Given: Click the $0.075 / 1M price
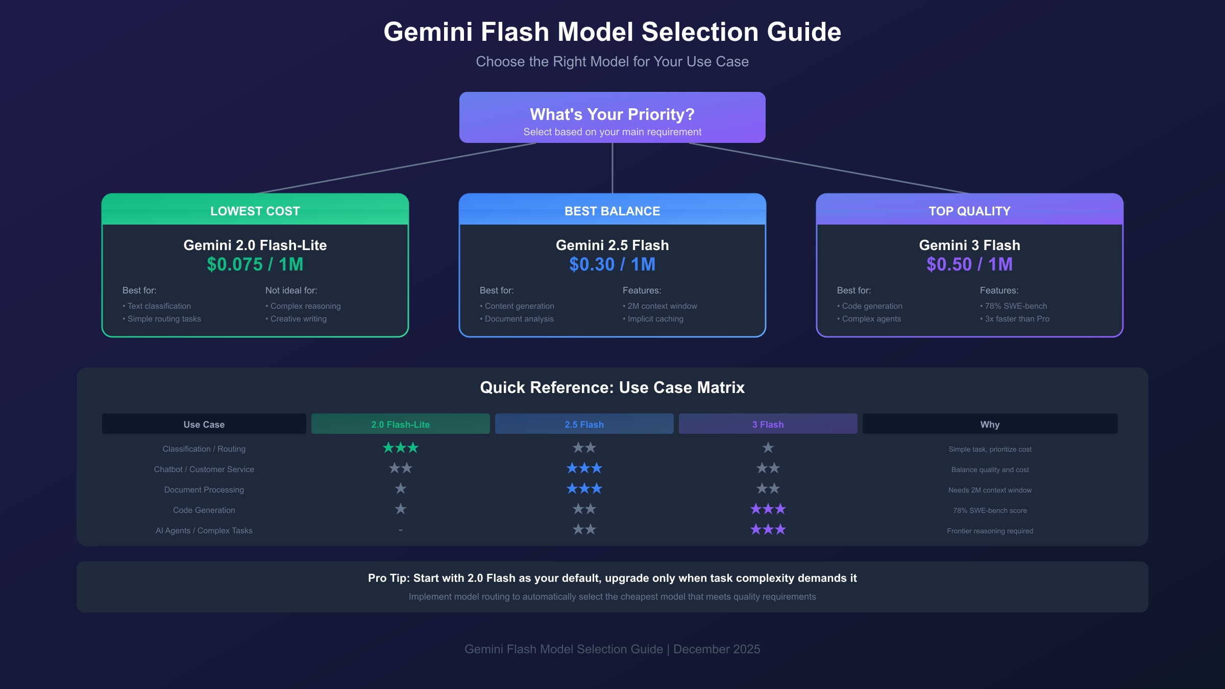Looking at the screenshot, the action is [255, 264].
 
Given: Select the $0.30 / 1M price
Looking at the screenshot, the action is [612, 264].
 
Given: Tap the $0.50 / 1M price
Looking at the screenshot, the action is [970, 264].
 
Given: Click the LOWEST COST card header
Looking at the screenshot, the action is [255, 211].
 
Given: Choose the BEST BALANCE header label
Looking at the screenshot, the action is [612, 211].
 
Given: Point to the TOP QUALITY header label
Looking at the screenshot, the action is [970, 211].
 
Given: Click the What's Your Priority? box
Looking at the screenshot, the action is [612, 117].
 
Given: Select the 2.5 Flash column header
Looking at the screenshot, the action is [584, 424].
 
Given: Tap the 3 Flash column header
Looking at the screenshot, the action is [768, 424].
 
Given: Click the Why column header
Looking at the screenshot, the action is [990, 424].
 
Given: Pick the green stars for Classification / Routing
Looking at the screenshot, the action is [401, 448].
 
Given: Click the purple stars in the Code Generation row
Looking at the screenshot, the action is [768, 509].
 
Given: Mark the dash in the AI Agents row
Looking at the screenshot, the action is [401, 530].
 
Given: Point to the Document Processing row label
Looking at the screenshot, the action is [204, 489].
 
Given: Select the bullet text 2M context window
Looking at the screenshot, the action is [662, 306].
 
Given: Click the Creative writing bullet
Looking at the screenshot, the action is [298, 318].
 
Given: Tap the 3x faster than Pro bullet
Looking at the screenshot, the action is [1017, 318].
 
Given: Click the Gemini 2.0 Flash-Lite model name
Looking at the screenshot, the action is [255, 245].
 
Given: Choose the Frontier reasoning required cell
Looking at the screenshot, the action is [990, 531].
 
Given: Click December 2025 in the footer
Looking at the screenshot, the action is [717, 649].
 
